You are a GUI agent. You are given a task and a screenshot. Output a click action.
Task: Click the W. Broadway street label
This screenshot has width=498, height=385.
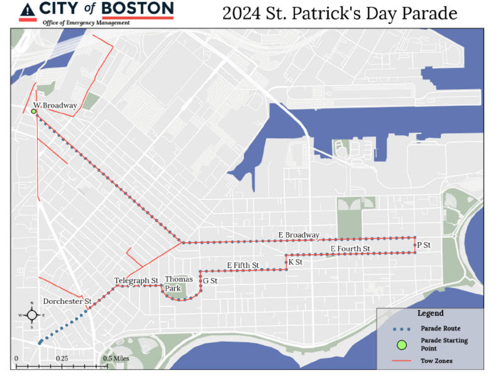tap(55, 105)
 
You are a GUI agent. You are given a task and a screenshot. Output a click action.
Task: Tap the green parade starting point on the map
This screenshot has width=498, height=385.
tap(34, 111)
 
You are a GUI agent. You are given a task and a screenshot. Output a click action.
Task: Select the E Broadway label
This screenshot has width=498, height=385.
tap(299, 235)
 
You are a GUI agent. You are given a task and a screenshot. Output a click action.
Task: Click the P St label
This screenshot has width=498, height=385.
tap(424, 245)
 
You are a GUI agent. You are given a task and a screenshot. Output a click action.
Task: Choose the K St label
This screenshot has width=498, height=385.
tap(295, 262)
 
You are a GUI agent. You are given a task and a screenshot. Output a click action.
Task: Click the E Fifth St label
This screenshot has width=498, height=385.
tap(243, 265)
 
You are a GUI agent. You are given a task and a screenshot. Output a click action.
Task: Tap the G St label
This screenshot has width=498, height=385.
tap(210, 281)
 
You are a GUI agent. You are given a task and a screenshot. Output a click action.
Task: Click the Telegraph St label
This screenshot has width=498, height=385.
tap(137, 281)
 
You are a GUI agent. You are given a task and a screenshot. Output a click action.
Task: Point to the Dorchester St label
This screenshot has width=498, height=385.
tap(67, 301)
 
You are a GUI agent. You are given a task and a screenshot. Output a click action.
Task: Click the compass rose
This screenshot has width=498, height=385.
tap(32, 315)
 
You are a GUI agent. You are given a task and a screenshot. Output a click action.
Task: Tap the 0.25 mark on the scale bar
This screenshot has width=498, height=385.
tap(62, 358)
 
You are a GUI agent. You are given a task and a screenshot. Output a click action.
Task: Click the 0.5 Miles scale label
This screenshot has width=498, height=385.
tap(116, 358)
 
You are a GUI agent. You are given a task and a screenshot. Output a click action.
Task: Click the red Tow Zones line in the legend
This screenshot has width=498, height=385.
tap(401, 361)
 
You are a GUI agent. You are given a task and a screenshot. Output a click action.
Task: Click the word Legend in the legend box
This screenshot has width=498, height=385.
tap(430, 313)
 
